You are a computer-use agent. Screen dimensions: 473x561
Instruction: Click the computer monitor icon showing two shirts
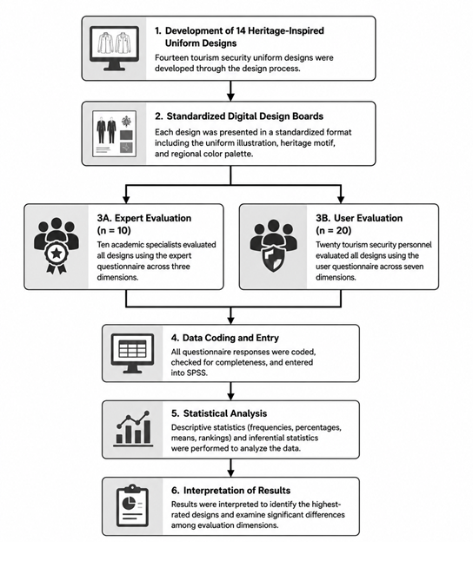pos(114,49)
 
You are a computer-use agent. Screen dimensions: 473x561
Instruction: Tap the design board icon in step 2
pos(114,134)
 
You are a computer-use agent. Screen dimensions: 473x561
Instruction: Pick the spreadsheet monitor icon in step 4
pos(132,353)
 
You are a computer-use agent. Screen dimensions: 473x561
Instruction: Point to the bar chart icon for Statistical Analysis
pos(133,429)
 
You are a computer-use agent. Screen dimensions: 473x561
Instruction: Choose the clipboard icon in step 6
pos(132,505)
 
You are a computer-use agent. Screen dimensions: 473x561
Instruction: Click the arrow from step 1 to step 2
pos(230,91)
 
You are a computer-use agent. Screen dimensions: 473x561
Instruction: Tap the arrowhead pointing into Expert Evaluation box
pos(126,199)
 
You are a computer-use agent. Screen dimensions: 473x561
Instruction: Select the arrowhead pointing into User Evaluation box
pos(341,199)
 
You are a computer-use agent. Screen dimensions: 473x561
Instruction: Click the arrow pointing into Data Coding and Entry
pos(230,315)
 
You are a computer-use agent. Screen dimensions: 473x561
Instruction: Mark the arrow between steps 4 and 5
pos(230,392)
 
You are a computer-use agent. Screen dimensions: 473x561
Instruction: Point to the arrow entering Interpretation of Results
pos(230,467)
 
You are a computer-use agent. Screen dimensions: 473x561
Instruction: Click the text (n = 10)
pos(114,230)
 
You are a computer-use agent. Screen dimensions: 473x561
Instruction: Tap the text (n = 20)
pos(334,230)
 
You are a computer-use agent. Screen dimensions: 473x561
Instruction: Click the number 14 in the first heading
pos(241,30)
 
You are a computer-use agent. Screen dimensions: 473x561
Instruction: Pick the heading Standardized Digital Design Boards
pos(244,116)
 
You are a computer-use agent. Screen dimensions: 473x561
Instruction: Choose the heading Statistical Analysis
pos(225,413)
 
